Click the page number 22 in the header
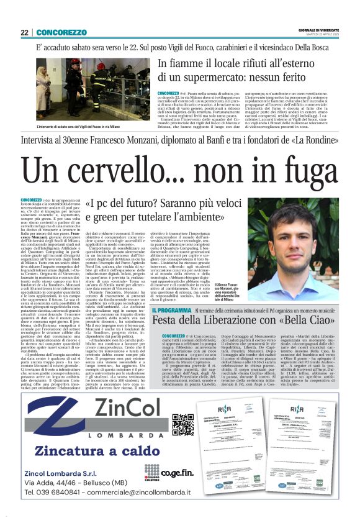pyautogui.click(x=24, y=32)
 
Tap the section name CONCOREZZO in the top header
pyautogui.click(x=61, y=32)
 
